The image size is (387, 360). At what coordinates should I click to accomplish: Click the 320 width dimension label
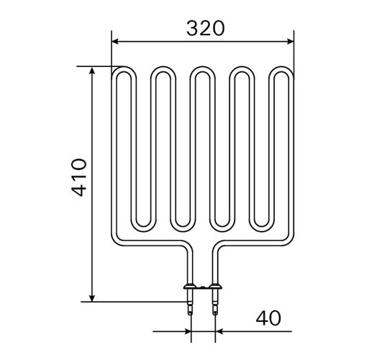pos(206,28)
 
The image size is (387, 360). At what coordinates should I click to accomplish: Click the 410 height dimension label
pos(79,177)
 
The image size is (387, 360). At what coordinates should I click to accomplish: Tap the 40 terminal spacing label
pos(268,318)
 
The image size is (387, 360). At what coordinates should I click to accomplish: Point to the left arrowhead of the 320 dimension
pos(115,42)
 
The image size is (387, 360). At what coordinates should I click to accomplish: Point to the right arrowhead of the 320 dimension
pos(291,42)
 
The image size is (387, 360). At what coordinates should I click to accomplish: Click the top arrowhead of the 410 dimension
pos(92,71)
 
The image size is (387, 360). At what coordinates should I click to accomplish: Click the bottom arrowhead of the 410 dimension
pos(92,298)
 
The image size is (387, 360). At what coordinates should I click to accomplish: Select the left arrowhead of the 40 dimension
pos(188,331)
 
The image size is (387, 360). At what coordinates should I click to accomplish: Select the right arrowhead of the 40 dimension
pos(219,331)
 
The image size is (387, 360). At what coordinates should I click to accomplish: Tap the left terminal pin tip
pos(190,314)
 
